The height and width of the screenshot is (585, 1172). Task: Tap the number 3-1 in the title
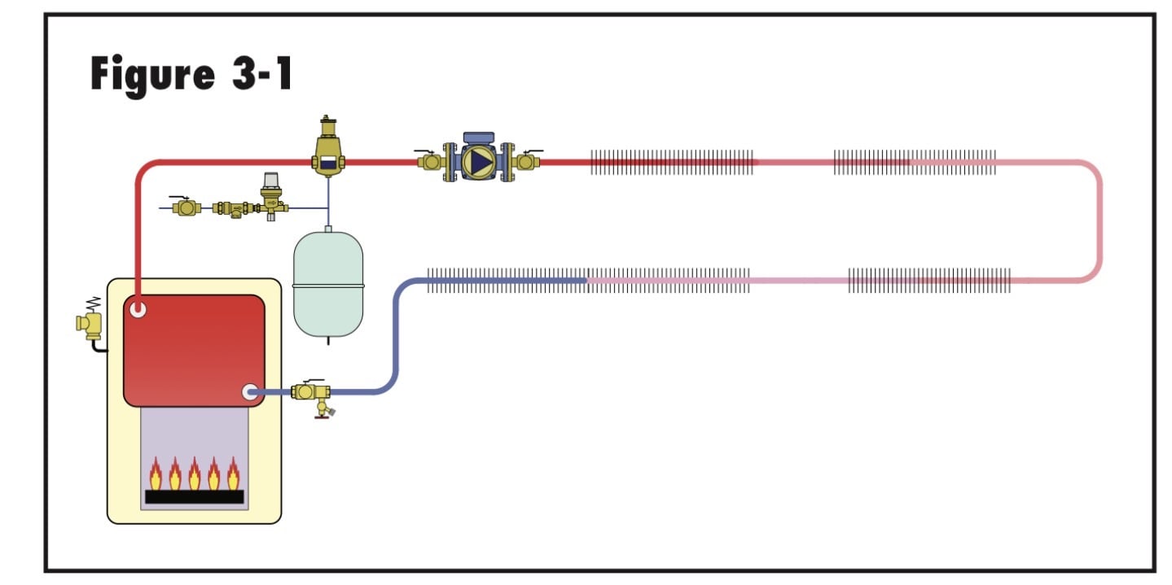click(262, 73)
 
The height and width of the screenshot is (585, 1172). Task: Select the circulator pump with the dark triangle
click(478, 159)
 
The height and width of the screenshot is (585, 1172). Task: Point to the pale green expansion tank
click(328, 284)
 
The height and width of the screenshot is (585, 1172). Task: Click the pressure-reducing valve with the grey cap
click(271, 196)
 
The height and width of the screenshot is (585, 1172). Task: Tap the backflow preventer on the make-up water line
click(234, 208)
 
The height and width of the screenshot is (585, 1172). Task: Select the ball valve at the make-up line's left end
click(185, 207)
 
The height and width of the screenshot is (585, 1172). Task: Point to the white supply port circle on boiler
click(138, 309)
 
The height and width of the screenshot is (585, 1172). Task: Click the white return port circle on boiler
click(250, 392)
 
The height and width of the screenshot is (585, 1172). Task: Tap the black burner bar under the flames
click(194, 496)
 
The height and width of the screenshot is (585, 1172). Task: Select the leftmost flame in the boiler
click(156, 474)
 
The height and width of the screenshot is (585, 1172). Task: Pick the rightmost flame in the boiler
click(234, 474)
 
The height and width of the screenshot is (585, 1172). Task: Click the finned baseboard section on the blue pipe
click(507, 281)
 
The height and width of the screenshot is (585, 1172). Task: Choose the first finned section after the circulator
click(672, 162)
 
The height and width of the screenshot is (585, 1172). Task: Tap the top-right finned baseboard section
click(915, 162)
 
